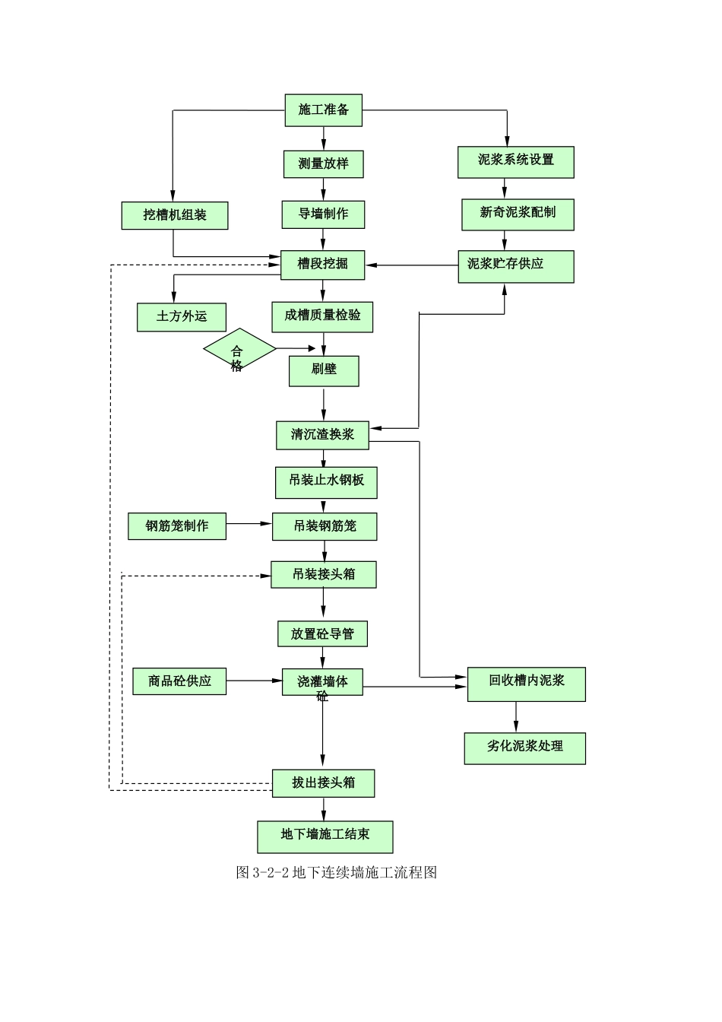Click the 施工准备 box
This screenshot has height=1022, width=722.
tap(323, 110)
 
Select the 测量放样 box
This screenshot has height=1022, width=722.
tap(323, 164)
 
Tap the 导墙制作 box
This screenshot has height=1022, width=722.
tap(323, 214)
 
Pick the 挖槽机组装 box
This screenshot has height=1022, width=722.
tap(175, 215)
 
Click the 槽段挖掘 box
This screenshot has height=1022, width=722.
tap(323, 265)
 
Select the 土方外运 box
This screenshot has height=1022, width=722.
tap(182, 317)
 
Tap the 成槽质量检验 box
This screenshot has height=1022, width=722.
tap(322, 316)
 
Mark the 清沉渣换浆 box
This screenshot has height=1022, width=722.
tap(322, 435)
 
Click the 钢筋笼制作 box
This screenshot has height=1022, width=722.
tap(177, 526)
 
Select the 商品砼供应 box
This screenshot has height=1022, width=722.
tap(179, 681)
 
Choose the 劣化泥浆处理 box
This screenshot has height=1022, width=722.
tap(525, 748)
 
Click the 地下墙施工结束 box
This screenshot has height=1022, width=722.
tap(325, 836)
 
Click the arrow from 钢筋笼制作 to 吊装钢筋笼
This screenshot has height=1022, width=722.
tap(249, 524)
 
